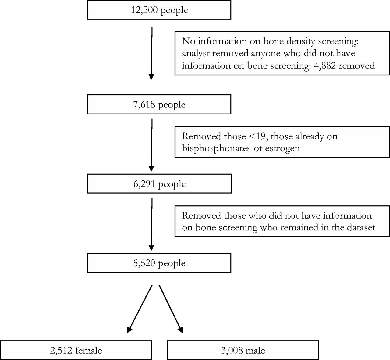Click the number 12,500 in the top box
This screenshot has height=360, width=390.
coord(144,10)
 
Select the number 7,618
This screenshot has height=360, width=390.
coord(144,105)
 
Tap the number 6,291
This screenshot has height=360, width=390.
coord(144,184)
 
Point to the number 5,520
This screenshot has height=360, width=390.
coord(144,263)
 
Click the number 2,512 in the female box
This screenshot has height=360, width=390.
coord(61,350)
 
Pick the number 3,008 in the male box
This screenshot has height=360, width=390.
coord(232,350)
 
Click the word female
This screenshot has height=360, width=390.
coord(89,350)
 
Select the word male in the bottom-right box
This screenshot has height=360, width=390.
coord(256,350)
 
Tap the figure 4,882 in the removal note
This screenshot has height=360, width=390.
coord(325,66)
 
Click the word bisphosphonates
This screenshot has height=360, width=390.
coord(216,148)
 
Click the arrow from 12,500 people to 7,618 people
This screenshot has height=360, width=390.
coord(152,53)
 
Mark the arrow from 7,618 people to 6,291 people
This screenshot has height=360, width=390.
coord(152,145)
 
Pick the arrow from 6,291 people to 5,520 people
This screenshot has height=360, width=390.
coord(152,224)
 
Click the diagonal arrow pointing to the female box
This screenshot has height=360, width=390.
coord(140,309)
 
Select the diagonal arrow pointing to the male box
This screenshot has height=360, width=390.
coord(171,309)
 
